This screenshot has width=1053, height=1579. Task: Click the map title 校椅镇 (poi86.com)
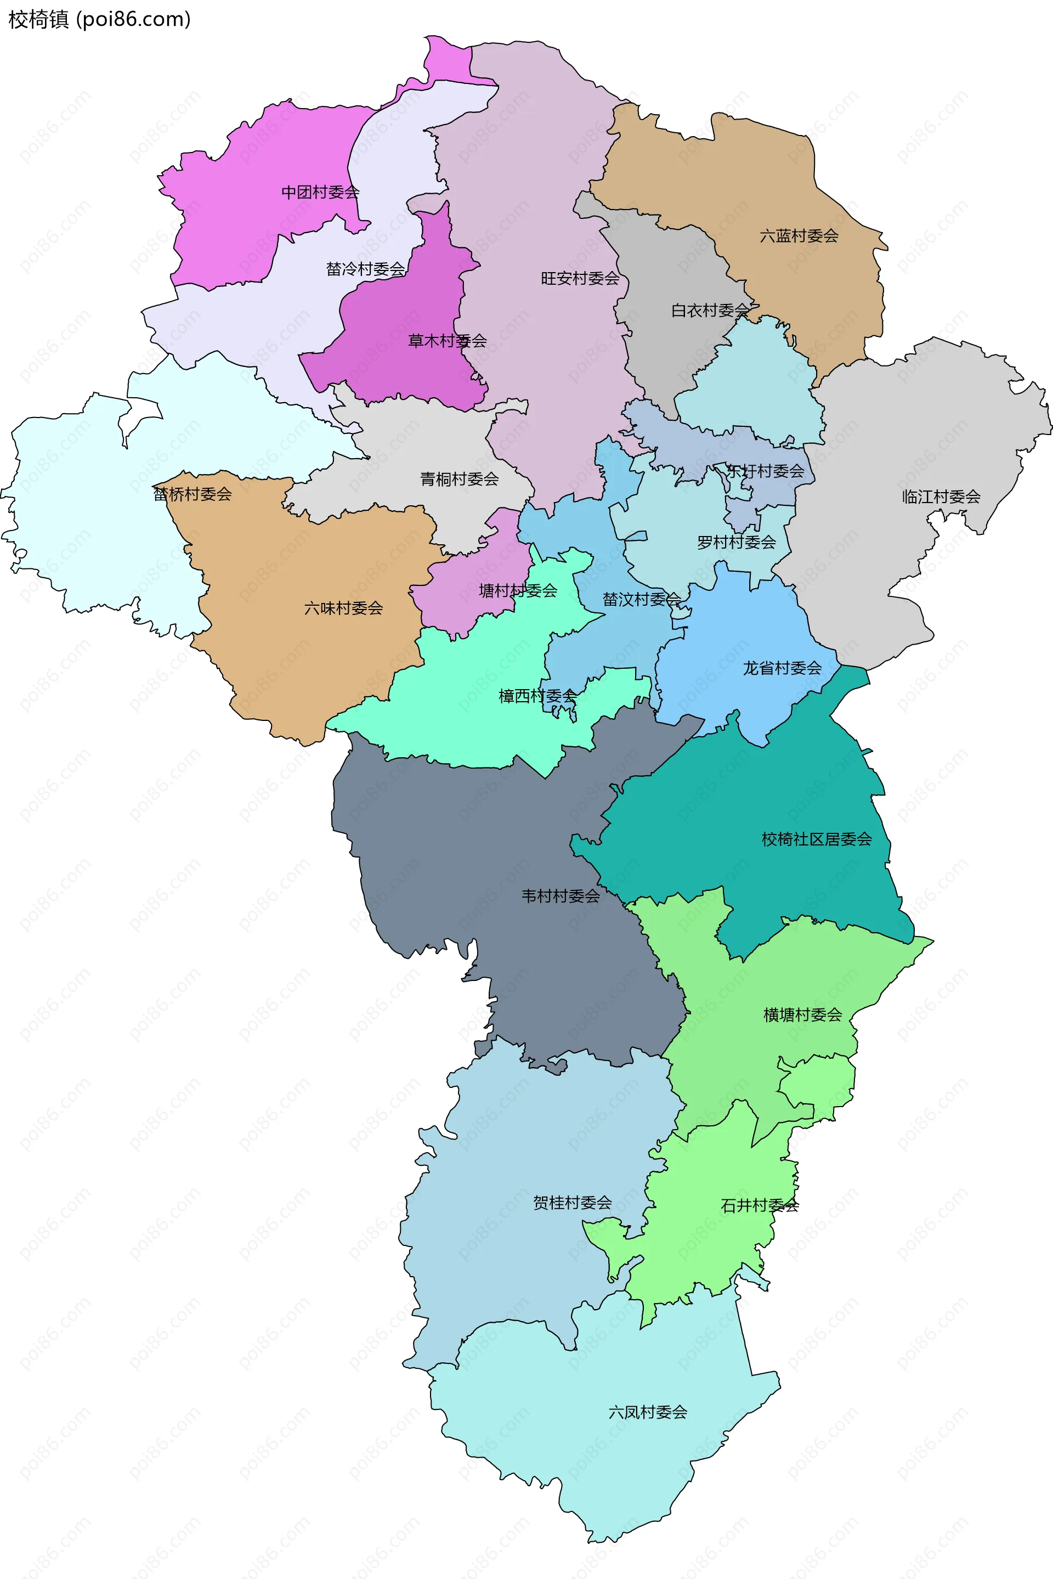99,20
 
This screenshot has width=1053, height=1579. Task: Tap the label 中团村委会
320,193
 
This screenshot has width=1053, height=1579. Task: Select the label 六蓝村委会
799,236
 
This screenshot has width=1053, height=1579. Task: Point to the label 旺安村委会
580,279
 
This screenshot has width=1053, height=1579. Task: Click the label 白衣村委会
710,311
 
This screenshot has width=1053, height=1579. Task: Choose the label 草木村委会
448,341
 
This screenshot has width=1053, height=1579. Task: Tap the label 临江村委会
941,497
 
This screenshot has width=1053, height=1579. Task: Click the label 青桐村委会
460,480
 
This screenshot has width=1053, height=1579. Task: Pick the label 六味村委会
343,608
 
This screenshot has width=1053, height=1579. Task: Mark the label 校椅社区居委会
816,839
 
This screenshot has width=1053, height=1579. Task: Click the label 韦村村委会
561,896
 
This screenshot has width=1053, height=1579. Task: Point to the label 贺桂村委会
572,1203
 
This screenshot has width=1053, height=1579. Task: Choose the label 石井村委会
760,1205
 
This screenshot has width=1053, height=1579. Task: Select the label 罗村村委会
736,543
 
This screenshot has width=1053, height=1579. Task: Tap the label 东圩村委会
765,471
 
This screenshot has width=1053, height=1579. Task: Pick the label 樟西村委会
537,696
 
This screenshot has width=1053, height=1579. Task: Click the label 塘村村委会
518,591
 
